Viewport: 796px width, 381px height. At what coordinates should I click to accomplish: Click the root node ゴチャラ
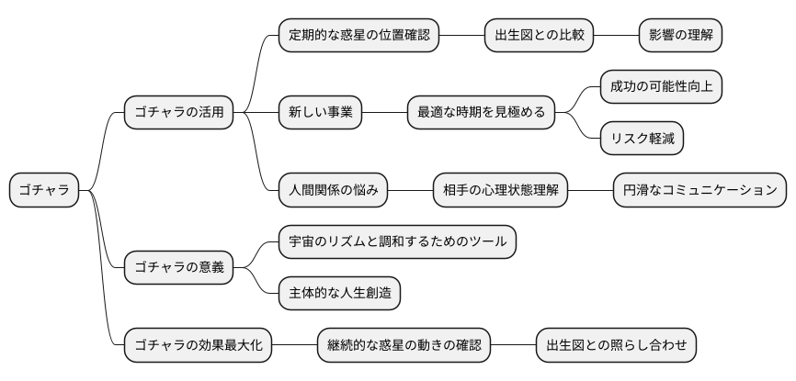[44, 190]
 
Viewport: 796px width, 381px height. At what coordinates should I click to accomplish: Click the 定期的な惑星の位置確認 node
[358, 36]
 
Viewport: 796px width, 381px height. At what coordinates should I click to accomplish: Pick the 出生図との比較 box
[539, 36]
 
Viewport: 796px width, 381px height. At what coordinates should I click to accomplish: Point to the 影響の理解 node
[680, 36]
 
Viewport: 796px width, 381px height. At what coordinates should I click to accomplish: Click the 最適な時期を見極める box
[481, 113]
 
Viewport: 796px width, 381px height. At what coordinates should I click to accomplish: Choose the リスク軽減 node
[642, 139]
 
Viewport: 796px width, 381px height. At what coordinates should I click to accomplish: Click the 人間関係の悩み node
[333, 190]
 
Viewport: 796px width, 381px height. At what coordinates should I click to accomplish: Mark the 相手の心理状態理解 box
[500, 190]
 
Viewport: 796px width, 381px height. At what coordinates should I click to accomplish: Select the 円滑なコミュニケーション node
[699, 190]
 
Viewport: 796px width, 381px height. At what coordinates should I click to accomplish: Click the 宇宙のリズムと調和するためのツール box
[397, 242]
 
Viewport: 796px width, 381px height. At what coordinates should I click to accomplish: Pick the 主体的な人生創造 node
[339, 294]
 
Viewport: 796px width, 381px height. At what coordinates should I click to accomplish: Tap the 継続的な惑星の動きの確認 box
[404, 345]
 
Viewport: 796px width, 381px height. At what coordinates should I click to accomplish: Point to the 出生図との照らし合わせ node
[616, 345]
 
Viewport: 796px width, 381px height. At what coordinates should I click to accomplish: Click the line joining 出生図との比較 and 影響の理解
[616, 36]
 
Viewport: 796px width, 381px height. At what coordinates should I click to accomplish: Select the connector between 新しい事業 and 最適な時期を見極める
[385, 113]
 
